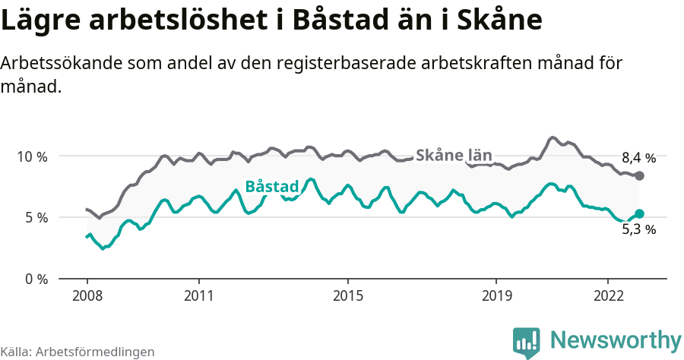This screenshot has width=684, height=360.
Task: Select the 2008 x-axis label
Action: [x=87, y=295]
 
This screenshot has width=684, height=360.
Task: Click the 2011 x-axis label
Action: [x=198, y=295]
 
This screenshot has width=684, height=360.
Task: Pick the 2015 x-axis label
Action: [x=347, y=295]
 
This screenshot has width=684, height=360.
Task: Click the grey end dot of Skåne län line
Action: [x=639, y=176]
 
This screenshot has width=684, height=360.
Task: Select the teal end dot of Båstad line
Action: [x=639, y=214]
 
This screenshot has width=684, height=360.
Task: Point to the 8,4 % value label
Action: [x=638, y=159]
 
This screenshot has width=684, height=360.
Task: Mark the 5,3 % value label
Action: [x=638, y=229]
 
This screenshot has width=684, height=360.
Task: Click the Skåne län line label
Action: [x=454, y=155]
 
